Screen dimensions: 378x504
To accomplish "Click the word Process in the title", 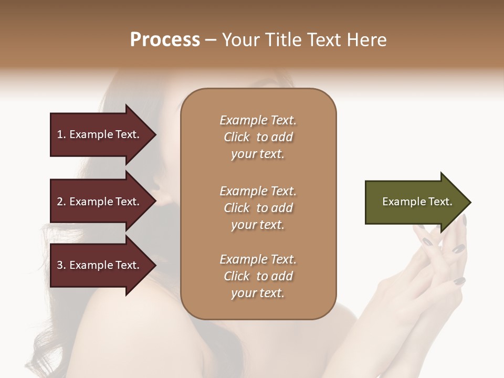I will click(x=165, y=40).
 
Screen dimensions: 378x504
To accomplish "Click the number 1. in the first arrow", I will click(x=61, y=134).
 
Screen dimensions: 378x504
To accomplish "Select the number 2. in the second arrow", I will click(x=61, y=202).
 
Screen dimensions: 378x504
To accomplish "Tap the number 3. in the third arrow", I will click(x=61, y=265).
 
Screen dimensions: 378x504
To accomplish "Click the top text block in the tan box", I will click(x=258, y=137).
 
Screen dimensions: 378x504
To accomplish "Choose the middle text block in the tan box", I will click(x=258, y=208).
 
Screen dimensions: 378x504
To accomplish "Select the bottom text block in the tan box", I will click(x=258, y=276).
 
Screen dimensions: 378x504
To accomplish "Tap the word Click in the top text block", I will click(x=237, y=137).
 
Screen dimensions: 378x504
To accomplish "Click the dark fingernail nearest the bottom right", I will click(x=459, y=281).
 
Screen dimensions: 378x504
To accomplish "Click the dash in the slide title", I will click(x=211, y=40).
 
